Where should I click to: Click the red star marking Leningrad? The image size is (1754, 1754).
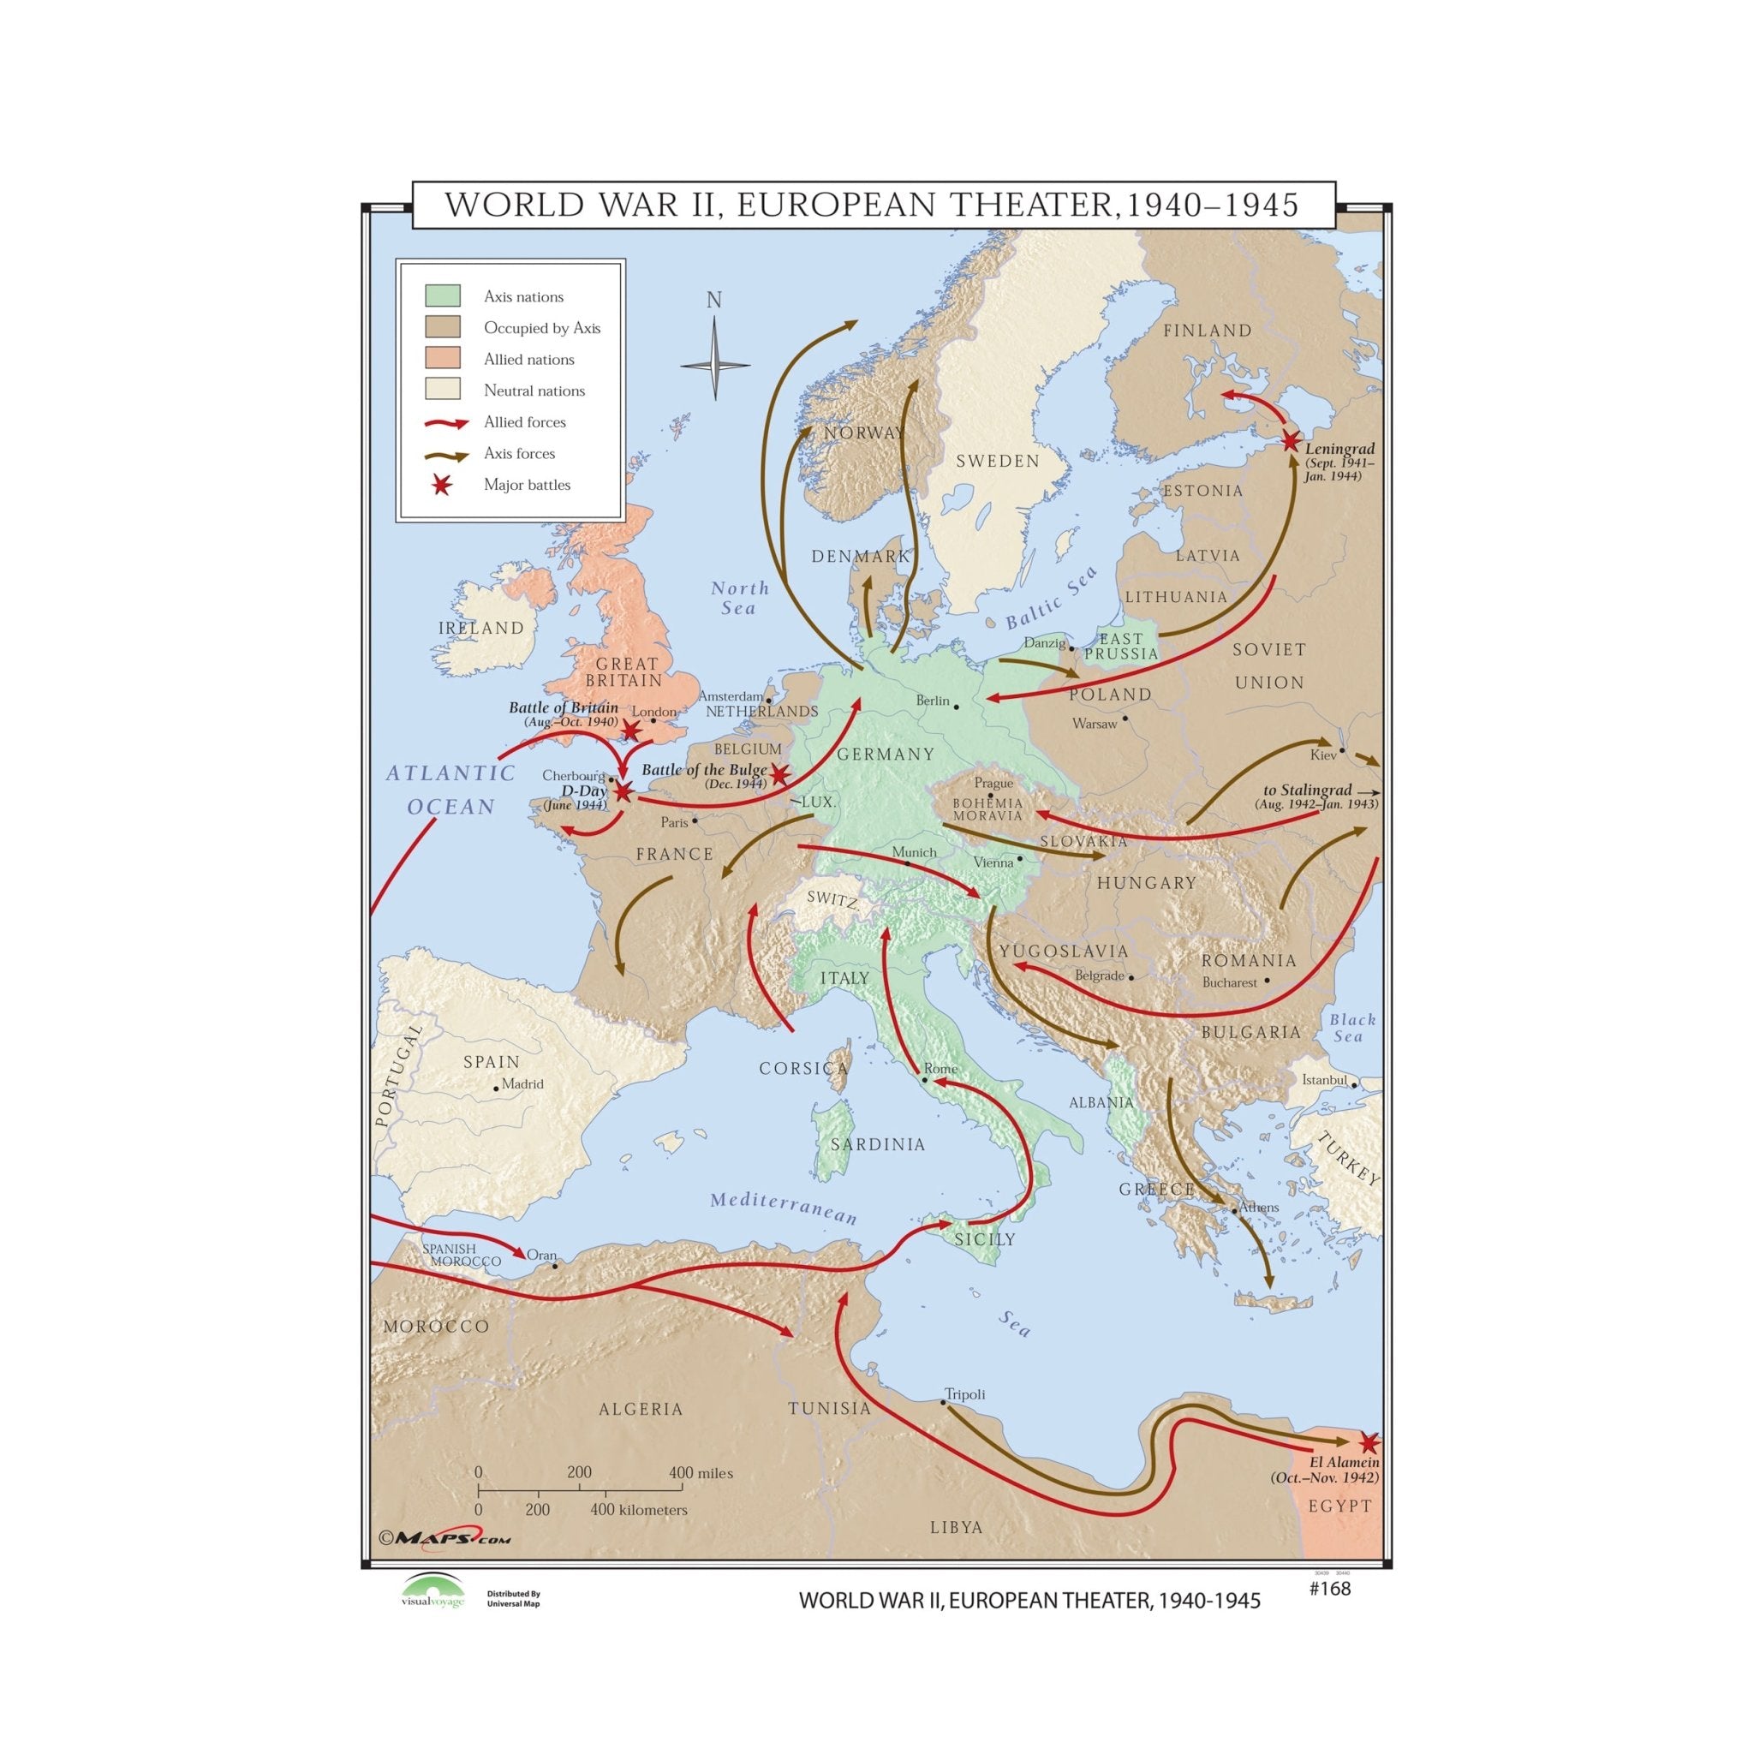tap(1290, 441)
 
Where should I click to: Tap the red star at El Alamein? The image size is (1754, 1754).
tap(1369, 1442)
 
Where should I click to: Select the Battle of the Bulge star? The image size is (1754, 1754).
tap(779, 774)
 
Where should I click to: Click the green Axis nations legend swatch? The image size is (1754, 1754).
tap(443, 296)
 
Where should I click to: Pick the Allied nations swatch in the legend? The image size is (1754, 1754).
tap(443, 359)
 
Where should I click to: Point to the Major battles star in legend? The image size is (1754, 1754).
tap(442, 485)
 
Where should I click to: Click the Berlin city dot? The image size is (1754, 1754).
tap(956, 707)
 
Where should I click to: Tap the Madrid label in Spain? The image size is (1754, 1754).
tap(522, 1084)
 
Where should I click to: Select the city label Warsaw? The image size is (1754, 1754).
tap(1094, 724)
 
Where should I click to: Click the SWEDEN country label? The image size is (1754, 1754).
tap(997, 462)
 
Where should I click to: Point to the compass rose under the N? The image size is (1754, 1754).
tap(715, 366)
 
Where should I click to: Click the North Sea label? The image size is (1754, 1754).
tap(739, 599)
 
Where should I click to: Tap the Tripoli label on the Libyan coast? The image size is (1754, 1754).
tap(964, 1393)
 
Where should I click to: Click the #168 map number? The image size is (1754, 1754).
tap(1330, 1588)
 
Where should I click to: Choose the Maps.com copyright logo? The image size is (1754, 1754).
tap(444, 1538)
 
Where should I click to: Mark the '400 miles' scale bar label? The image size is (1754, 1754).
tap(700, 1472)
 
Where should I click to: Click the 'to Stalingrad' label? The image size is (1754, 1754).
tap(1307, 790)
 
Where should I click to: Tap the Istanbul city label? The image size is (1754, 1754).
tap(1324, 1080)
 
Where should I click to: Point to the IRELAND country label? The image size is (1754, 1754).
tap(481, 629)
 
